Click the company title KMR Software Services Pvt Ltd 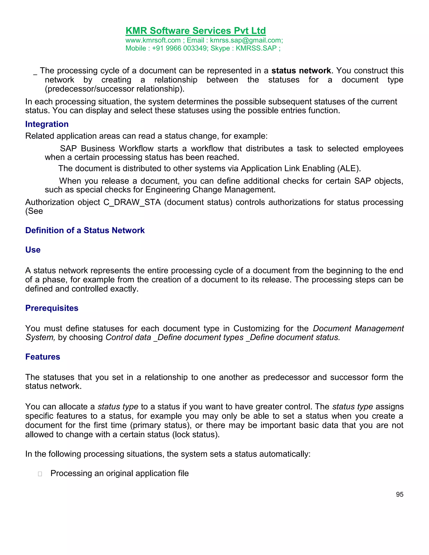(195, 31)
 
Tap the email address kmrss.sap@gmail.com (246, 40)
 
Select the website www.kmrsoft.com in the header (153, 40)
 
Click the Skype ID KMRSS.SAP (256, 48)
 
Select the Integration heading (47, 124)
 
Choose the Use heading (33, 250)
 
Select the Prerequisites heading (52, 308)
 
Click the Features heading (43, 357)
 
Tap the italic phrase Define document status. (295, 337)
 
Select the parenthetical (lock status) (196, 435)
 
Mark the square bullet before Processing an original (40, 474)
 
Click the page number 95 (399, 494)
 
